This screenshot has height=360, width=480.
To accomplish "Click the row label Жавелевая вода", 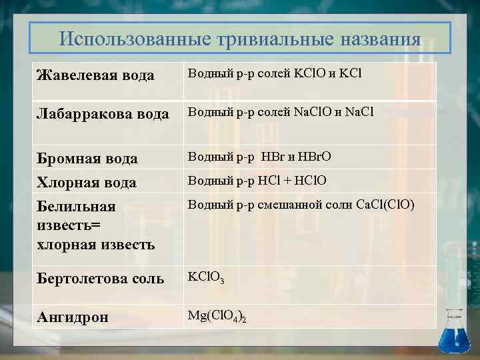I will [95, 75].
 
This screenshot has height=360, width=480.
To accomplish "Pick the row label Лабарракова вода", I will [102, 114].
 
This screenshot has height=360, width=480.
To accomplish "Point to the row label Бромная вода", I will [87, 159].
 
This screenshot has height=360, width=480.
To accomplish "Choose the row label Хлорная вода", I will [86, 183].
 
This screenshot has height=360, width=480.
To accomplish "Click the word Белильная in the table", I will [75, 207].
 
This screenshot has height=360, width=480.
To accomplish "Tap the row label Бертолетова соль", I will [99, 279].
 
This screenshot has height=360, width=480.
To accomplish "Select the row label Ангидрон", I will [72, 317].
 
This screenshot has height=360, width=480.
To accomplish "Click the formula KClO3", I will [206, 276].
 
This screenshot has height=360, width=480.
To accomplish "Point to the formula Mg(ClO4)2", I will [217, 315].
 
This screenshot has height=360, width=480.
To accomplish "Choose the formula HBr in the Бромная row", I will [273, 157].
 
